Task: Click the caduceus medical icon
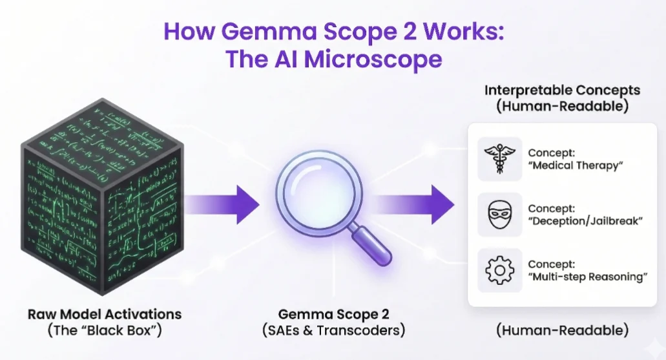[x=499, y=159]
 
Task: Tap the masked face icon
[x=499, y=214]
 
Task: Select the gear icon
[x=499, y=270]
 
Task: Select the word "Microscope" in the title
[x=373, y=59]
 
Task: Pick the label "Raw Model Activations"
[x=105, y=315]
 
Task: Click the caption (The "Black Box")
[x=105, y=331]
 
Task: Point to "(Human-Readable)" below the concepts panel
[x=562, y=330]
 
